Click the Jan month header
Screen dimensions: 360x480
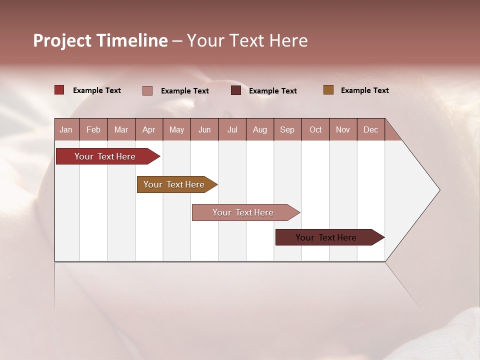coord(66,129)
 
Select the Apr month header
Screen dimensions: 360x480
coord(148,129)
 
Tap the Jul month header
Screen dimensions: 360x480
coord(232,129)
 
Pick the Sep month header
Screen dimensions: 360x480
coord(287,129)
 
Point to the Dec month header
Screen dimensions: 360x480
coord(370,129)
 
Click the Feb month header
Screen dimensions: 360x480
coord(93,129)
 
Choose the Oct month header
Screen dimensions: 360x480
coord(315,129)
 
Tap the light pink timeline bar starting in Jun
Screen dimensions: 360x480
coord(243,212)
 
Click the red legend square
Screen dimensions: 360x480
coord(59,90)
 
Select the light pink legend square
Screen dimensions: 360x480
coord(147,90)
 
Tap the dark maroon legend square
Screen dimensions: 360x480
coord(236,90)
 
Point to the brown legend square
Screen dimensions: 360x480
coord(328,90)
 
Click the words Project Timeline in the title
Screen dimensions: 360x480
coord(100,40)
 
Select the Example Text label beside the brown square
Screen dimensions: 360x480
coord(364,90)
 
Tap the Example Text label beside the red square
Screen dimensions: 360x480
coord(97,90)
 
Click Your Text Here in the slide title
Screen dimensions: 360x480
coord(247,40)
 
